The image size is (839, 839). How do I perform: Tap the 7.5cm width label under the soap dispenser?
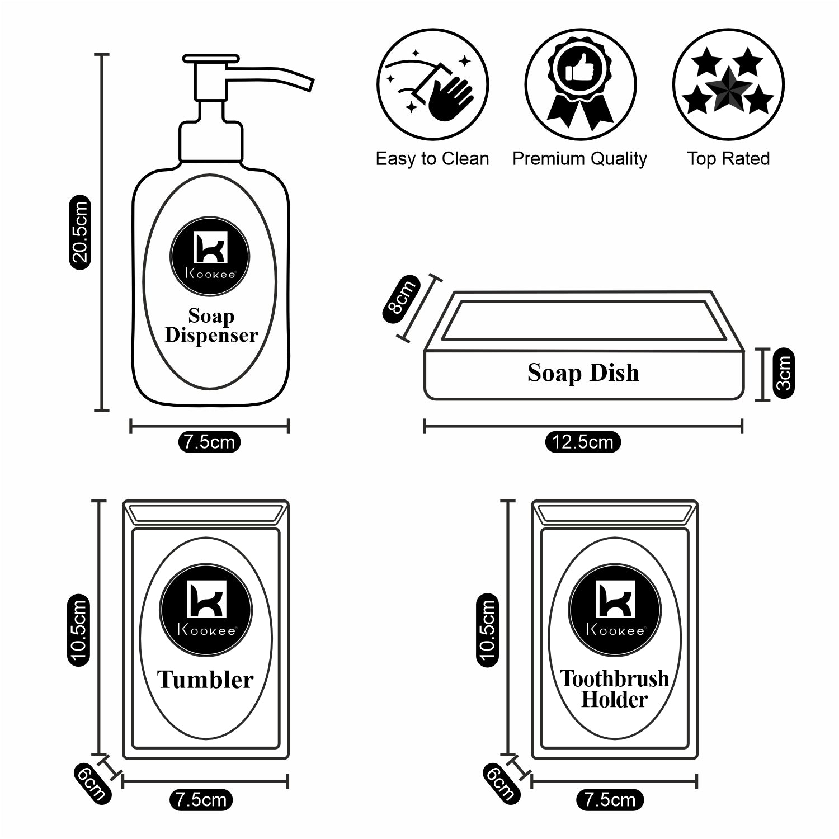click(x=209, y=442)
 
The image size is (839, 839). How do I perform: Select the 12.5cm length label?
click(x=583, y=442)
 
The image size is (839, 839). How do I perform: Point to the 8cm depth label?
click(x=402, y=299)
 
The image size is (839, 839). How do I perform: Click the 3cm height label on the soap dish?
click(x=784, y=373)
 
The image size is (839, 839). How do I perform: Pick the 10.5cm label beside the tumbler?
click(x=78, y=629)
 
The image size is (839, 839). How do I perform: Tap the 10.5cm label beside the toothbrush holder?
click(x=487, y=629)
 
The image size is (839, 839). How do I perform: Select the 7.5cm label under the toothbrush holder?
click(x=610, y=800)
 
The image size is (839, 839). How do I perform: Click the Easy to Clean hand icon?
click(x=432, y=85)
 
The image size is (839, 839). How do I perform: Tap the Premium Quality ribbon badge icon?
click(x=580, y=85)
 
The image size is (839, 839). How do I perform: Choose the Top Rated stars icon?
click(x=728, y=85)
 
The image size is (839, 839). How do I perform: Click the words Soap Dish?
click(x=583, y=373)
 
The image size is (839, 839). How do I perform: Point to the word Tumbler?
click(x=205, y=680)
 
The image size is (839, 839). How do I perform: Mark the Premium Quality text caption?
click(x=579, y=159)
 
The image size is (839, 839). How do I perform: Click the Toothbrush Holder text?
click(x=614, y=689)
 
